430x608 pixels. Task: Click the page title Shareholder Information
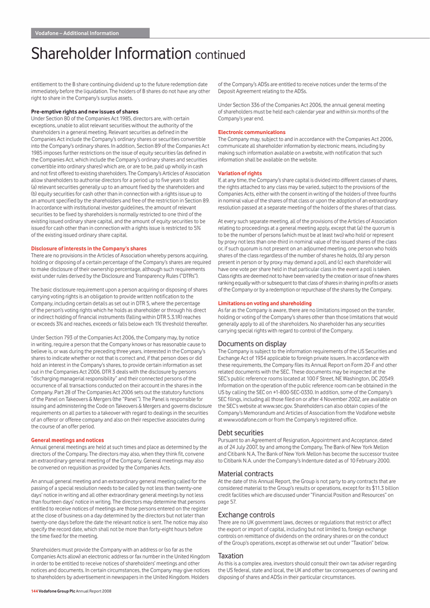coord(111,54)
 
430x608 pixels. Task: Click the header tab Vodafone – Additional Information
coord(77,33)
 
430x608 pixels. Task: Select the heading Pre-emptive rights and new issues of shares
coord(84,112)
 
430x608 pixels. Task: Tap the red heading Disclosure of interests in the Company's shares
coord(88,248)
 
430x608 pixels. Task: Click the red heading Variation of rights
coord(240,173)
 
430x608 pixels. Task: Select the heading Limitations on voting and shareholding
coord(265,303)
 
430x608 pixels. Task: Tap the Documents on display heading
coord(252,344)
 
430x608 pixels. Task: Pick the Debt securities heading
coord(241,433)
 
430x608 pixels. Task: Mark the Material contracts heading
coord(245,473)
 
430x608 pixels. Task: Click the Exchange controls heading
coord(246,515)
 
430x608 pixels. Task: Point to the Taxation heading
coord(230,555)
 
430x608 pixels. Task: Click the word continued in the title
coord(220,56)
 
